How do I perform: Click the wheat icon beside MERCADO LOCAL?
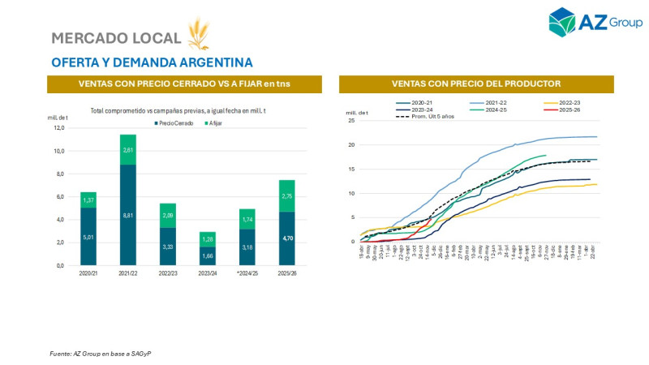click(198, 34)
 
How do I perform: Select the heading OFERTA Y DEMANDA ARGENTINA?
click(151, 62)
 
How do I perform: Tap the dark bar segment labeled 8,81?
click(128, 215)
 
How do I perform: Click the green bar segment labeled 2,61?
click(128, 149)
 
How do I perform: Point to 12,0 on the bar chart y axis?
click(58, 128)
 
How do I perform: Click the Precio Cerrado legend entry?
click(174, 122)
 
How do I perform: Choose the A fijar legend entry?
click(215, 122)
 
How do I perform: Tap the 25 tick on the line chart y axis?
click(351, 121)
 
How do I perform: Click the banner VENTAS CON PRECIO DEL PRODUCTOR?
click(475, 84)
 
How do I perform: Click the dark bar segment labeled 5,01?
click(88, 237)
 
